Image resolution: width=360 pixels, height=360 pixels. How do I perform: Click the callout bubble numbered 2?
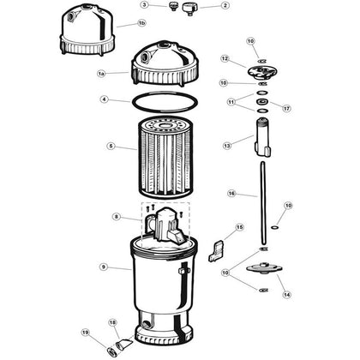click(x=225, y=5)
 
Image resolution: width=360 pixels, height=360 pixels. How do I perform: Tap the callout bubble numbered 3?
click(x=146, y=5)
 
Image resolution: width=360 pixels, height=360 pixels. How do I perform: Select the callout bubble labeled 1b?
click(x=141, y=23)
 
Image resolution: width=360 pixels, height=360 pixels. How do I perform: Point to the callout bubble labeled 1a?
click(x=101, y=74)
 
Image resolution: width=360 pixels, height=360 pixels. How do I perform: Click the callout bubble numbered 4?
click(x=105, y=99)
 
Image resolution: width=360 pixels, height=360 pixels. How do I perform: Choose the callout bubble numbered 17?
click(x=287, y=109)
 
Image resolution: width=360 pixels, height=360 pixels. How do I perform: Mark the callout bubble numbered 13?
click(x=227, y=146)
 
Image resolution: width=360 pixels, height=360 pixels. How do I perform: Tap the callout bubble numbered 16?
click(x=231, y=194)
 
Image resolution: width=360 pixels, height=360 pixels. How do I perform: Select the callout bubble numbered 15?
click(x=239, y=227)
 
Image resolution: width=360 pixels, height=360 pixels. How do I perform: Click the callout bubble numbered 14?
click(x=287, y=295)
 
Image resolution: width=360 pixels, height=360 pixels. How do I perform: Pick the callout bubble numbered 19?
click(x=86, y=333)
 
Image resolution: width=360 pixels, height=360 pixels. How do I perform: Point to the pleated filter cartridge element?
click(x=165, y=158)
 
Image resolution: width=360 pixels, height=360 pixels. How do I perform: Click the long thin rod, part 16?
click(x=263, y=203)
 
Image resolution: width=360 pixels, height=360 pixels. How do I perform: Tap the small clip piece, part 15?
click(x=217, y=250)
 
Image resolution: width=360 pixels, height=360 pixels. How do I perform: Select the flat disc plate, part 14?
click(x=264, y=268)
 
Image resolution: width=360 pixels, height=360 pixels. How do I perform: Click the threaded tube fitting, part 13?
click(x=263, y=137)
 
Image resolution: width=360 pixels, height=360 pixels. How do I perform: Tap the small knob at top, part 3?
click(x=173, y=6)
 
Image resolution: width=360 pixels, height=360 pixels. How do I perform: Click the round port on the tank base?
click(x=147, y=325)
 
